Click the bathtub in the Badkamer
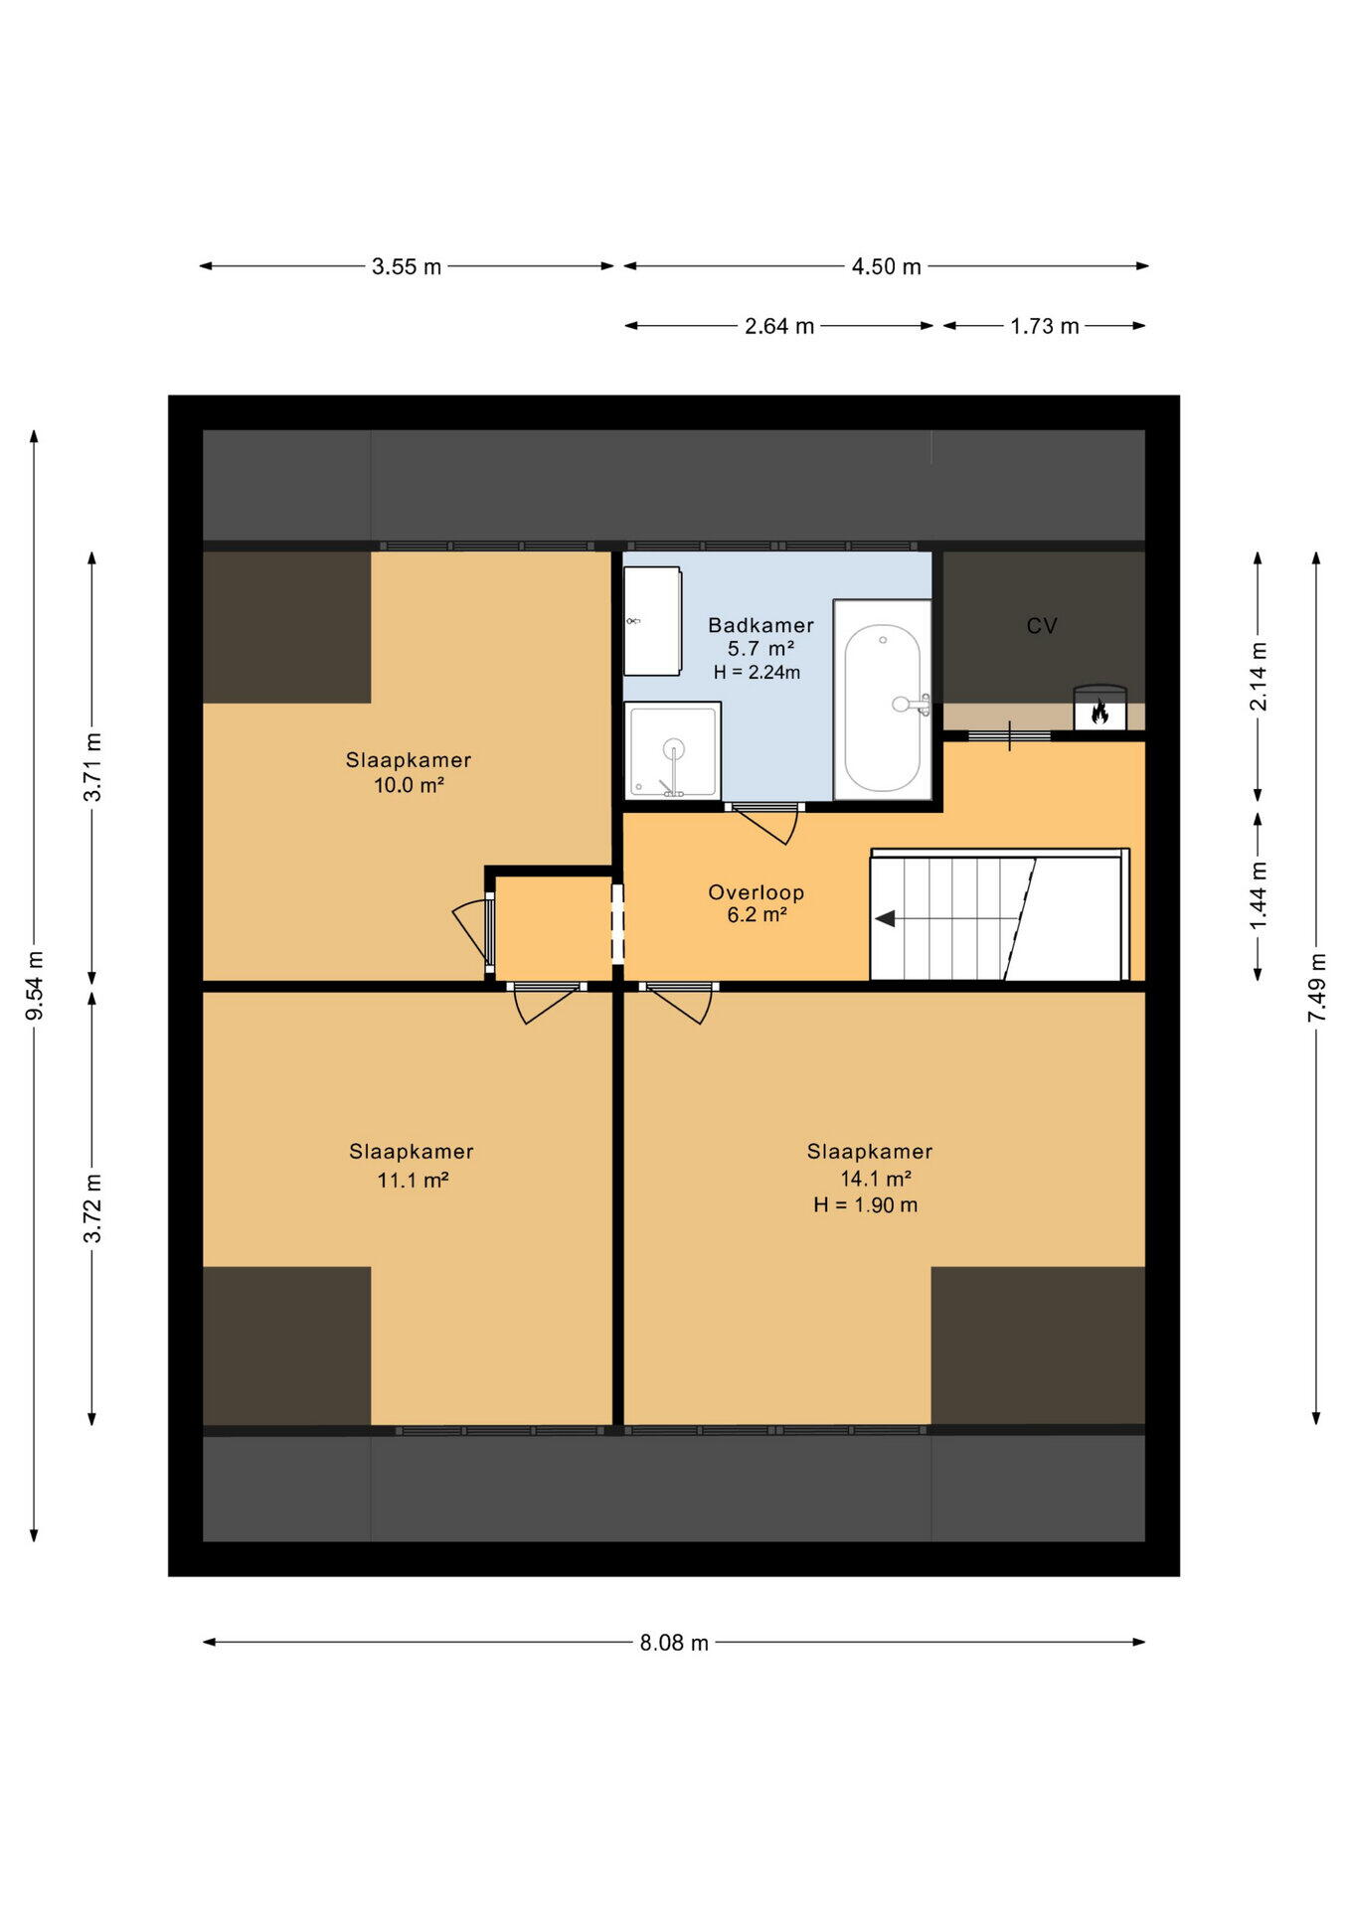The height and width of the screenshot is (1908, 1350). point(882,700)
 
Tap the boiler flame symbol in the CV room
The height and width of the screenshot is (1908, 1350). point(1099,712)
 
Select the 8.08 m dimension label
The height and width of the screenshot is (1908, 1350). point(674,1643)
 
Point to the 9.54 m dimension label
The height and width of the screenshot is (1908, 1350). point(35,985)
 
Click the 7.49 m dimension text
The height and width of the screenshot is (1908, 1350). point(1317,987)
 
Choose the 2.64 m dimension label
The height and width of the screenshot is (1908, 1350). point(779,326)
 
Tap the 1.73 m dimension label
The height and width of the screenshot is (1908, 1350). point(1045,326)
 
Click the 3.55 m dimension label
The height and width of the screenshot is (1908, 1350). point(407,266)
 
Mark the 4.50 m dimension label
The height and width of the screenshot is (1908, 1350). point(886,266)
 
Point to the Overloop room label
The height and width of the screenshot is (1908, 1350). point(756,892)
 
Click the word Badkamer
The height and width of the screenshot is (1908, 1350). point(760,625)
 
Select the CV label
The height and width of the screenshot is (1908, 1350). point(1042,625)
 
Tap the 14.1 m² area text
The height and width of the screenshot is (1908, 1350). point(876,1179)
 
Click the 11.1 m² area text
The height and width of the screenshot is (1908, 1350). point(413,1180)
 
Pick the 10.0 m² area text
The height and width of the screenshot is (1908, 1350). point(409,785)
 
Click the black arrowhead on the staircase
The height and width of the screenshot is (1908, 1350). point(885,918)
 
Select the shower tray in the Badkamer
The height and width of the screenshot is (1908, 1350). point(673,750)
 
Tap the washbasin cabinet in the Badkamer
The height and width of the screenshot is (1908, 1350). point(652,621)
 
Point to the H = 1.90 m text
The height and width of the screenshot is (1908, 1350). point(865,1205)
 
